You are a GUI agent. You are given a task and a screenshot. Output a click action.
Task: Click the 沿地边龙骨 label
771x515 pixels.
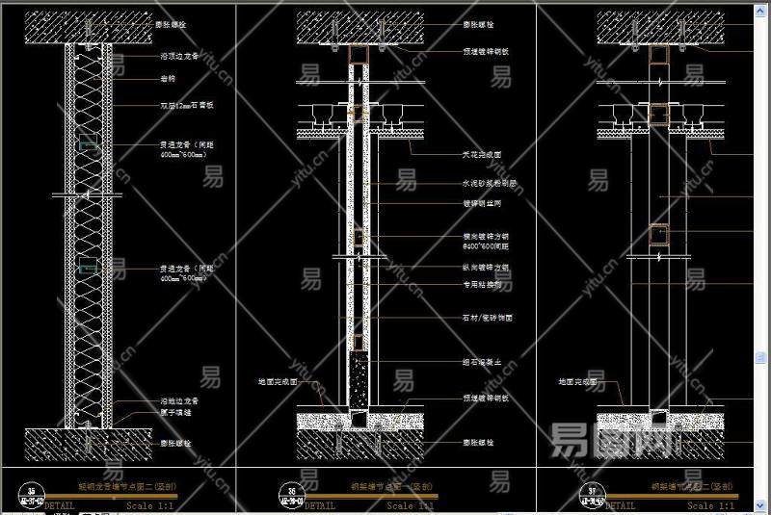coord(178,400)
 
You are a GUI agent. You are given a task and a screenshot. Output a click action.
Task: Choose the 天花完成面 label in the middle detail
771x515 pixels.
coord(482,154)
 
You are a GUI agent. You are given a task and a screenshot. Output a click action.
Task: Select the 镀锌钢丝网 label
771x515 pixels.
coord(482,203)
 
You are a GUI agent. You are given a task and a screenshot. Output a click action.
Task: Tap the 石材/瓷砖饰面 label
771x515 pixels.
coord(487,317)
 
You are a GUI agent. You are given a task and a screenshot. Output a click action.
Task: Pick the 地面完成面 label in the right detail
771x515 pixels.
coord(577,382)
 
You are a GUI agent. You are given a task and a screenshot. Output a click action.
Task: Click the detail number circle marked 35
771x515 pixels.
coord(34,494)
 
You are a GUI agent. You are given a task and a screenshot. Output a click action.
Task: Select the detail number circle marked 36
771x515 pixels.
coord(287,494)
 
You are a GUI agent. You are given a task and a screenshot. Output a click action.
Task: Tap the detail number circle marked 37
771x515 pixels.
coord(589,494)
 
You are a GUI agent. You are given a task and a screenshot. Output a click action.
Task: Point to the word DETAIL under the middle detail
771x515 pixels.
coord(327,505)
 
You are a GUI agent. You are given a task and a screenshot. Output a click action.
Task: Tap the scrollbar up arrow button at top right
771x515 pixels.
coord(764,6)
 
